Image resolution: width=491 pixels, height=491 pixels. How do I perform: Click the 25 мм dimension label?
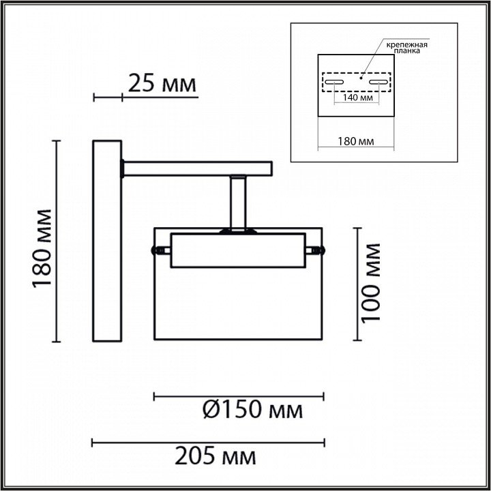(x=162, y=84)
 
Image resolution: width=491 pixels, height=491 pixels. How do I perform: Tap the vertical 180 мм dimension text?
(x=42, y=248)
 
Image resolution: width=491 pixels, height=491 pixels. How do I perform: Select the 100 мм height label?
(x=370, y=283)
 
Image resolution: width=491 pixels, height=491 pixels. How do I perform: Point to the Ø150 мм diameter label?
(x=253, y=411)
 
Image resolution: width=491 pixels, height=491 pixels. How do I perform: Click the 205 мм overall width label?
(x=215, y=456)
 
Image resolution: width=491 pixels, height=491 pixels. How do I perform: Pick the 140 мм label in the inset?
(x=357, y=98)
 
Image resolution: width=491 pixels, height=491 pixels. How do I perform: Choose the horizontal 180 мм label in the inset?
(x=356, y=142)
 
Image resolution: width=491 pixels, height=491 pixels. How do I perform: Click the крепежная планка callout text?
(x=406, y=48)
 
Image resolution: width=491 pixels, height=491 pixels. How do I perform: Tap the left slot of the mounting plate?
(x=334, y=82)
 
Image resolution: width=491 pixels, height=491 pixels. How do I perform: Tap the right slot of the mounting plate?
(x=378, y=82)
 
